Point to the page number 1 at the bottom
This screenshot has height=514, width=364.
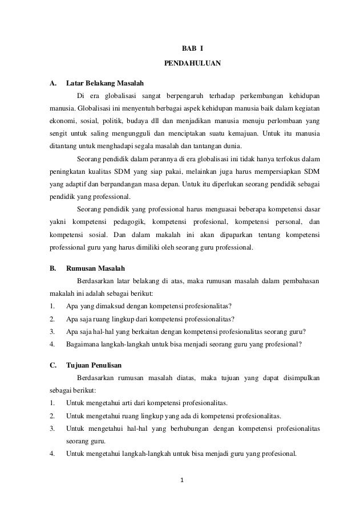(x=182, y=485)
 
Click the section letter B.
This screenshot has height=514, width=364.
(x=52, y=268)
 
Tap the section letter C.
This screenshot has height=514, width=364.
(x=52, y=366)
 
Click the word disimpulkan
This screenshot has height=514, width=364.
(x=297, y=378)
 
